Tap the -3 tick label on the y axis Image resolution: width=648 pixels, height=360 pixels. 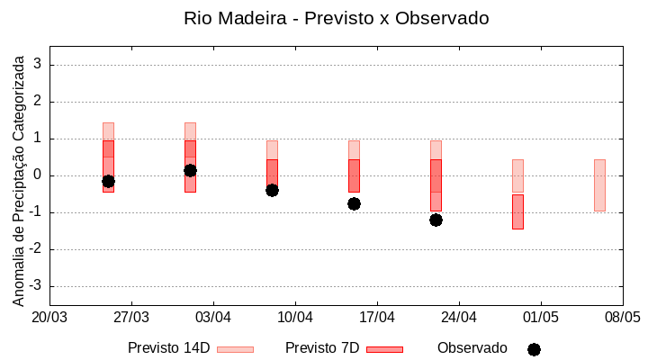click(x=35, y=286)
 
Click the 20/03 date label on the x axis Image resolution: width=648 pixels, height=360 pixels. click(x=49, y=317)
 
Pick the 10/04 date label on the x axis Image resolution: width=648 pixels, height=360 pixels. click(x=295, y=317)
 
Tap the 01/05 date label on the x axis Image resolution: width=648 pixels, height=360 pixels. click(x=540, y=317)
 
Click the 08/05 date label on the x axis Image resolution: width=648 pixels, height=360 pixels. click(x=622, y=317)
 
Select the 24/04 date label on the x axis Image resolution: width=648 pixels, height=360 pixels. click(x=458, y=317)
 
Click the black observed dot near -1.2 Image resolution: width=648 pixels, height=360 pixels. click(x=436, y=220)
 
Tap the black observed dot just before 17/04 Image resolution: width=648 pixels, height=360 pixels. click(x=354, y=203)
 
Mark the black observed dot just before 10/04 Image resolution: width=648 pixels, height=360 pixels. click(x=272, y=190)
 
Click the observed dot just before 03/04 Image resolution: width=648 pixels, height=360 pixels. click(x=190, y=170)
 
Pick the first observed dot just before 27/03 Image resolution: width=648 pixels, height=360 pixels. click(x=108, y=181)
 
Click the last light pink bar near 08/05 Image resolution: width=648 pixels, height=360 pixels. click(x=599, y=185)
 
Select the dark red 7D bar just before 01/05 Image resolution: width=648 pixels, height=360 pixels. click(x=517, y=211)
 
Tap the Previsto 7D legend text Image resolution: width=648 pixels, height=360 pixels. click(x=322, y=348)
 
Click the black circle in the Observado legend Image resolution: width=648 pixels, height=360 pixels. click(x=534, y=349)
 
